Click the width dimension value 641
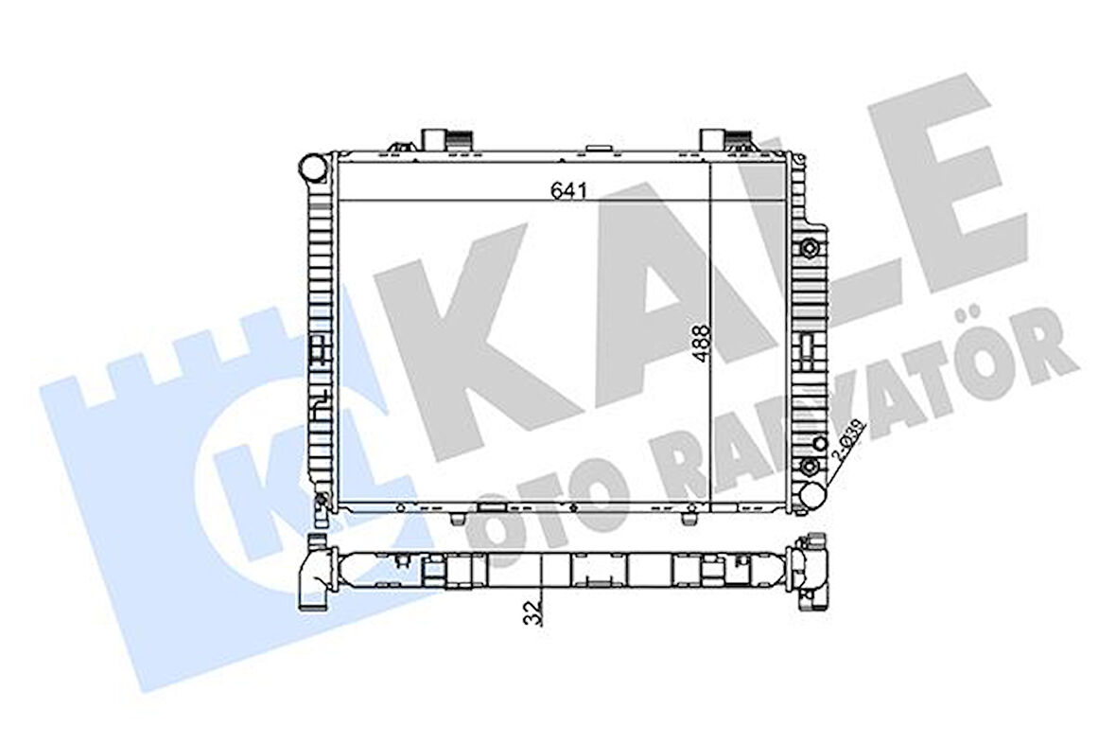(x=569, y=190)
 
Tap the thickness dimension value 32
(x=536, y=611)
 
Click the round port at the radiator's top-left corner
(x=311, y=170)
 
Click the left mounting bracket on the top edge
(x=445, y=139)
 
